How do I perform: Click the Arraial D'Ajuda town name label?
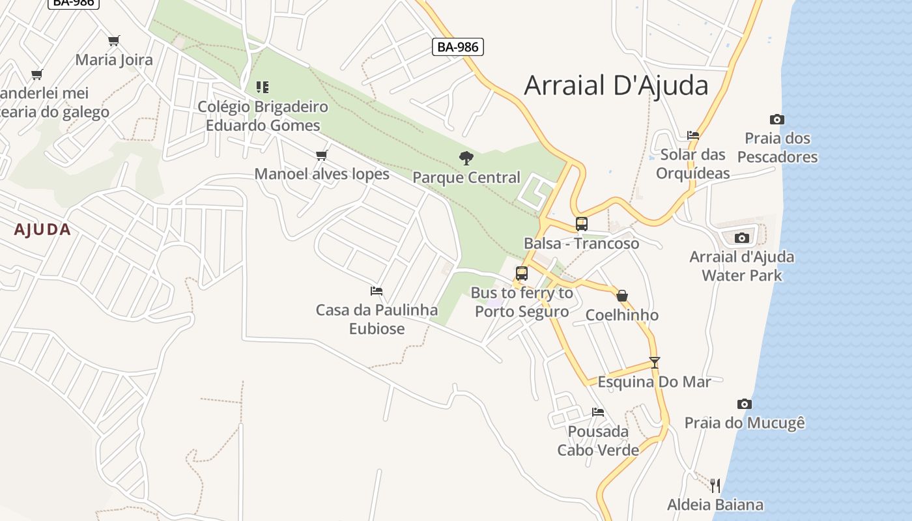tap(616, 85)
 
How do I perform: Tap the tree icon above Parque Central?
tap(466, 157)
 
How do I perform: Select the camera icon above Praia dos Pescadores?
tap(777, 119)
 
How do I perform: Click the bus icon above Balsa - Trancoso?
tap(581, 224)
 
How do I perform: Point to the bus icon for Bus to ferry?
tap(521, 274)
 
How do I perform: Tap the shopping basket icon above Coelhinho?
tap(622, 296)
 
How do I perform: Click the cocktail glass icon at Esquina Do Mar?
tap(655, 363)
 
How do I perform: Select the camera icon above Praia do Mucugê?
tap(744, 404)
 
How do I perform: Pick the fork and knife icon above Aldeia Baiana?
tap(715, 485)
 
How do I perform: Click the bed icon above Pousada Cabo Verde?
tap(597, 412)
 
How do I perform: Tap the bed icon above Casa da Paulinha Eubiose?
tap(376, 290)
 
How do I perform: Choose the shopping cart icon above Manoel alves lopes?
tap(321, 155)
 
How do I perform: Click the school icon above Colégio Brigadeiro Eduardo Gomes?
tap(263, 87)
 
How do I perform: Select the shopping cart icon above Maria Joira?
tap(114, 40)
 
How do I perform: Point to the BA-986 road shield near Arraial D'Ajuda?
tap(457, 47)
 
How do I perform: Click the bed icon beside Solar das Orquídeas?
tap(692, 135)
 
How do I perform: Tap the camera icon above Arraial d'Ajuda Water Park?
tap(741, 238)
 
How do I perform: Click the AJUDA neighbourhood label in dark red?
tap(42, 229)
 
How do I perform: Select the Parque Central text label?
tap(466, 177)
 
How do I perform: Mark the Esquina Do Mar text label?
tap(654, 382)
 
